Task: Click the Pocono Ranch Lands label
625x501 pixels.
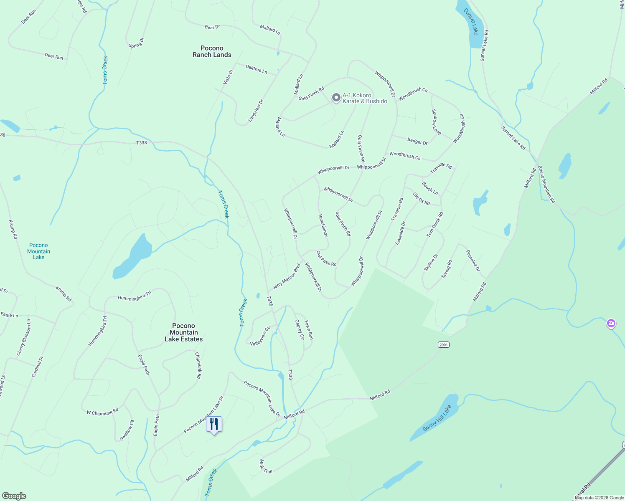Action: point(212,51)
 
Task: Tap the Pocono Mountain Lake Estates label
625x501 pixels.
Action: point(183,332)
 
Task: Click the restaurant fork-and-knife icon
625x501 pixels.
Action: point(214,424)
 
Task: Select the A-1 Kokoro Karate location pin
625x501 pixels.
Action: point(336,98)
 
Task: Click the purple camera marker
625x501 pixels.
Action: point(611,324)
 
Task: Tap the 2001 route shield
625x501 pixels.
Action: point(443,344)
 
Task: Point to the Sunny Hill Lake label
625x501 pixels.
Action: point(437,418)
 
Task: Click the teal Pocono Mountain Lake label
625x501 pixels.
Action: point(38,251)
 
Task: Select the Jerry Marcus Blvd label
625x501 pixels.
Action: point(287,276)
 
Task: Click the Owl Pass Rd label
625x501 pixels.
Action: point(326,258)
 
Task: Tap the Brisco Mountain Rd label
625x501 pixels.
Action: point(546,185)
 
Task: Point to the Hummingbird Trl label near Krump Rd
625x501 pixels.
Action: point(135,296)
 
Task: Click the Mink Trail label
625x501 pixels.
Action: point(266,466)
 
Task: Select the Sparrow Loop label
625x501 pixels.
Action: point(436,122)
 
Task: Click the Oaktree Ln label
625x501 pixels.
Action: point(256,69)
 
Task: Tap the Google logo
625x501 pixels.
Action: point(14,496)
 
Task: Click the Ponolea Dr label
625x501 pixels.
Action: point(473,261)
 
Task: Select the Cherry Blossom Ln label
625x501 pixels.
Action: point(24,337)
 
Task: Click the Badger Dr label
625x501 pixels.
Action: point(417,142)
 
